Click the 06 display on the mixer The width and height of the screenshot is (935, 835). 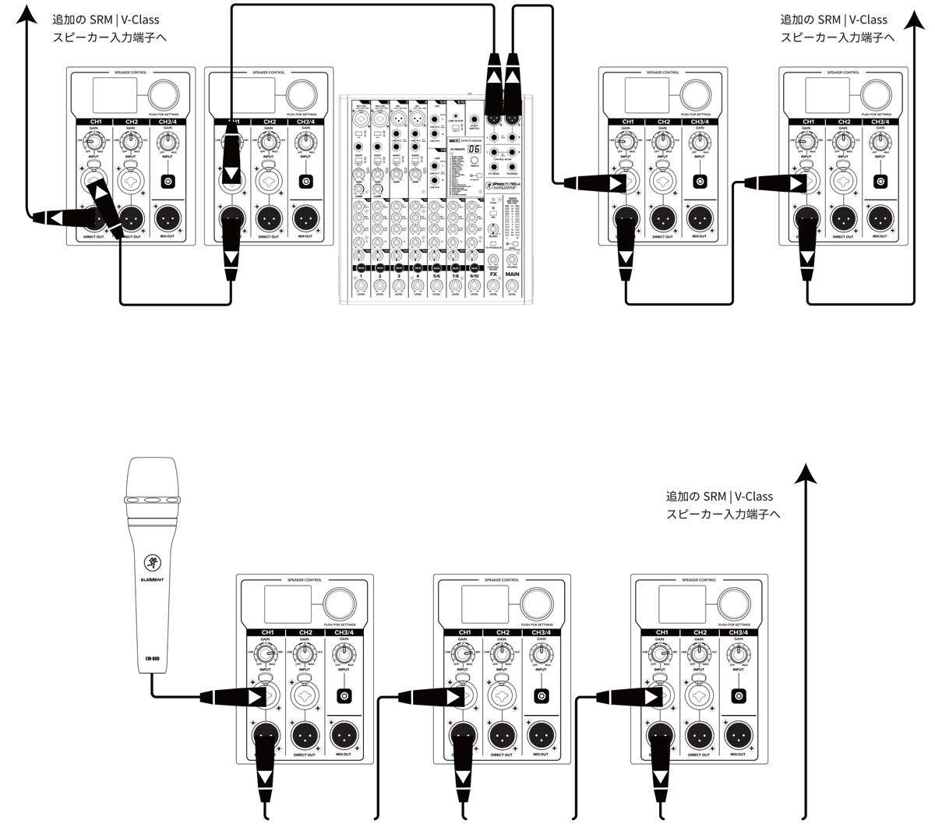click(x=473, y=150)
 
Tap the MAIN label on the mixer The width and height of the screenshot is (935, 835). click(x=512, y=274)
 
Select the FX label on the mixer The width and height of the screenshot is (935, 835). click(x=492, y=274)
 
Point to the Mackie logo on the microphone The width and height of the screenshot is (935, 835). click(x=152, y=563)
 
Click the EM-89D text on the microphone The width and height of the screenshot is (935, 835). click(x=152, y=657)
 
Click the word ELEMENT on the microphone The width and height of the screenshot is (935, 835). click(x=152, y=580)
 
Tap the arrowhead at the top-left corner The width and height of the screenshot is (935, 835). click(x=28, y=16)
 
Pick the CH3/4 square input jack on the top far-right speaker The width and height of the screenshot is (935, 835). click(x=880, y=182)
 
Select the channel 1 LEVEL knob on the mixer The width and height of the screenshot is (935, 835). click(x=361, y=285)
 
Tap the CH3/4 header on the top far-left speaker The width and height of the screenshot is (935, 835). click(x=168, y=122)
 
